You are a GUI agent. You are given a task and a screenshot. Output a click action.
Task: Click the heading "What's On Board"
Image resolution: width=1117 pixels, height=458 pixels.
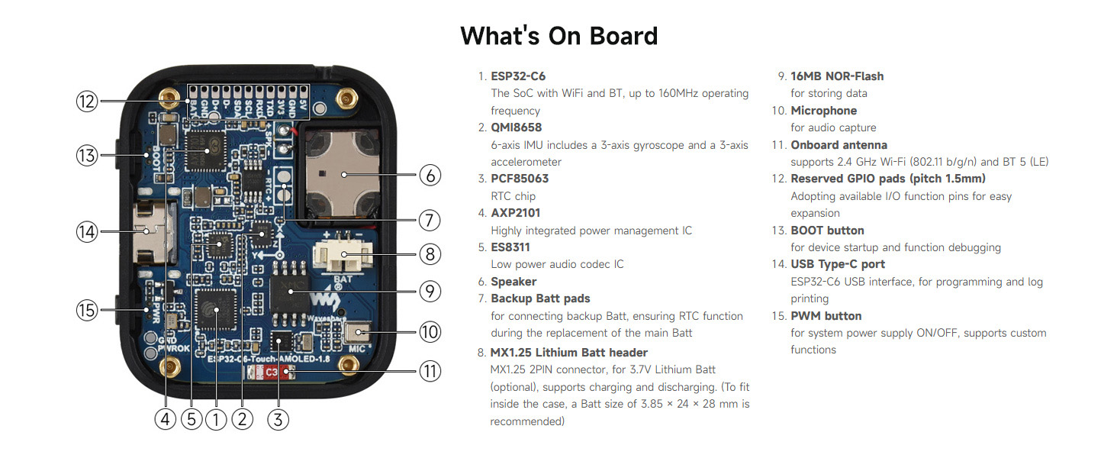click(558, 36)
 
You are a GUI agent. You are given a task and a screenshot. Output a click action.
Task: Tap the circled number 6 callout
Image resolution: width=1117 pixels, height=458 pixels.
click(430, 176)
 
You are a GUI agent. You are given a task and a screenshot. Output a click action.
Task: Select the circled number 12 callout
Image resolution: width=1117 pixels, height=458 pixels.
click(87, 101)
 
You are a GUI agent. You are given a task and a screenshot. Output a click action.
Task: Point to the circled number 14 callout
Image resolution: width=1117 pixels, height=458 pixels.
click(87, 231)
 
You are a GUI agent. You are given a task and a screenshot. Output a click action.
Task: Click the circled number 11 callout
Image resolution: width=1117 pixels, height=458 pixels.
click(430, 372)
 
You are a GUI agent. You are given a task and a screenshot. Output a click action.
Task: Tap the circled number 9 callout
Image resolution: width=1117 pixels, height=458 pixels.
click(430, 290)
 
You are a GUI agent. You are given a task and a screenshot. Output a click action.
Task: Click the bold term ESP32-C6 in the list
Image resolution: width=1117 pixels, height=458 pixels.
click(518, 76)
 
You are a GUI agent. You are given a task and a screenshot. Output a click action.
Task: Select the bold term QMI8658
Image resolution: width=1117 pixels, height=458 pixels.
click(516, 127)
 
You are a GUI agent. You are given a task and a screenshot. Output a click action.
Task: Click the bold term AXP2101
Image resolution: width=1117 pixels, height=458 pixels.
click(515, 213)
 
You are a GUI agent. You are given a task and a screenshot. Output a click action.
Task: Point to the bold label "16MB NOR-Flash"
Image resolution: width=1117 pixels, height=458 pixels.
click(837, 76)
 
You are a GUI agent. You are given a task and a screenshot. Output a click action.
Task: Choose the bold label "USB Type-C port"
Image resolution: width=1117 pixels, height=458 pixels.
click(838, 264)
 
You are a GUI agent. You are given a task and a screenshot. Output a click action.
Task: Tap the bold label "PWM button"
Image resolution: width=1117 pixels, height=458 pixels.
click(826, 316)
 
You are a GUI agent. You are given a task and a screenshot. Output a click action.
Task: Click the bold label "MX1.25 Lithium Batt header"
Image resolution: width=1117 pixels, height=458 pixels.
click(568, 353)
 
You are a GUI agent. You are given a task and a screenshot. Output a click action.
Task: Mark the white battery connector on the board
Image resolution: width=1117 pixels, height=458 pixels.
click(343, 256)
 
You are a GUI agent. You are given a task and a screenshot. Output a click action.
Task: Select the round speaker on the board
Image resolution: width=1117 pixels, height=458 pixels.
click(344, 175)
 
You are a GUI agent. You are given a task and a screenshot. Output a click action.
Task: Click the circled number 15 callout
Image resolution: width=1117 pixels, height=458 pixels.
click(87, 310)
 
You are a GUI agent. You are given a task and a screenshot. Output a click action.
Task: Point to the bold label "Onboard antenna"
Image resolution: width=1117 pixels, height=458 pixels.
click(839, 145)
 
